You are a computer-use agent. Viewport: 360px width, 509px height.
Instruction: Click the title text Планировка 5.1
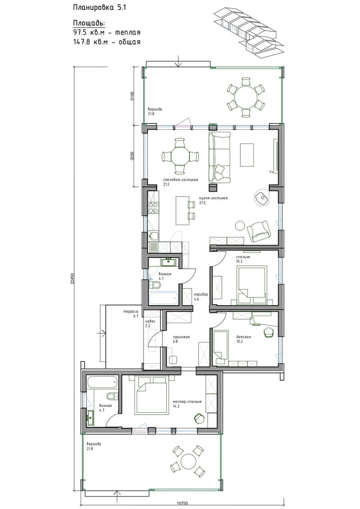tap(99, 8)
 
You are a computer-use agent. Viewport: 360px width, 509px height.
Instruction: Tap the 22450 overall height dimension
tap(72, 278)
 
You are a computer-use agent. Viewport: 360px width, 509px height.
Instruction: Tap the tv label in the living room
tap(271, 171)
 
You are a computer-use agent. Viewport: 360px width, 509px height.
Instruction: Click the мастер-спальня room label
tap(187, 401)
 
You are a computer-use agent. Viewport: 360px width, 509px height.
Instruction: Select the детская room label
tap(243, 337)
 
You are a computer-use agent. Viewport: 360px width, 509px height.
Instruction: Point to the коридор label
tap(201, 294)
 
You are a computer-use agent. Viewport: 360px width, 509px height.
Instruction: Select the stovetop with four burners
tap(153, 208)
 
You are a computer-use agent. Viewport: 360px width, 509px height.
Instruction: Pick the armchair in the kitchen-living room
tap(259, 231)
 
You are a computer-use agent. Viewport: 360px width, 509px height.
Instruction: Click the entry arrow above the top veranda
tap(178, 61)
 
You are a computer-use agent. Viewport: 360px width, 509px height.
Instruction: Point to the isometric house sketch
tap(247, 33)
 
